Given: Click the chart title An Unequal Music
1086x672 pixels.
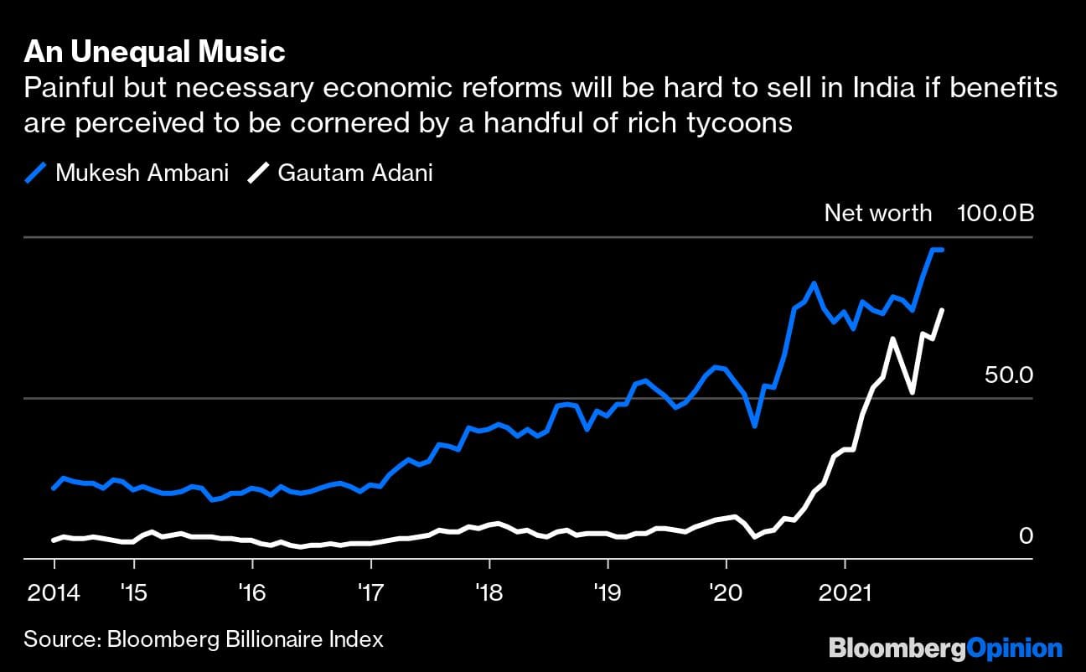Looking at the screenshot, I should pos(154,52).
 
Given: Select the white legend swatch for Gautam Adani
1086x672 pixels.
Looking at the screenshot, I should pos(260,173).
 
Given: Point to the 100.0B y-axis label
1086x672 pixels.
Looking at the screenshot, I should pos(995,213).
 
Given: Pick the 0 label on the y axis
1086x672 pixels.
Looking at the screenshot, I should pos(1026,535).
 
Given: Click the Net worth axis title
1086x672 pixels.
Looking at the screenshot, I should pos(877,213).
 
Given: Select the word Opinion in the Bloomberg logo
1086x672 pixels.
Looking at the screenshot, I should pos(1014,648).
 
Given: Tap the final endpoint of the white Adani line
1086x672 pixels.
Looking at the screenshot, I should pos(943,310).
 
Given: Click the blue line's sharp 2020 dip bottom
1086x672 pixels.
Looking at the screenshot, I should pos(755,426).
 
